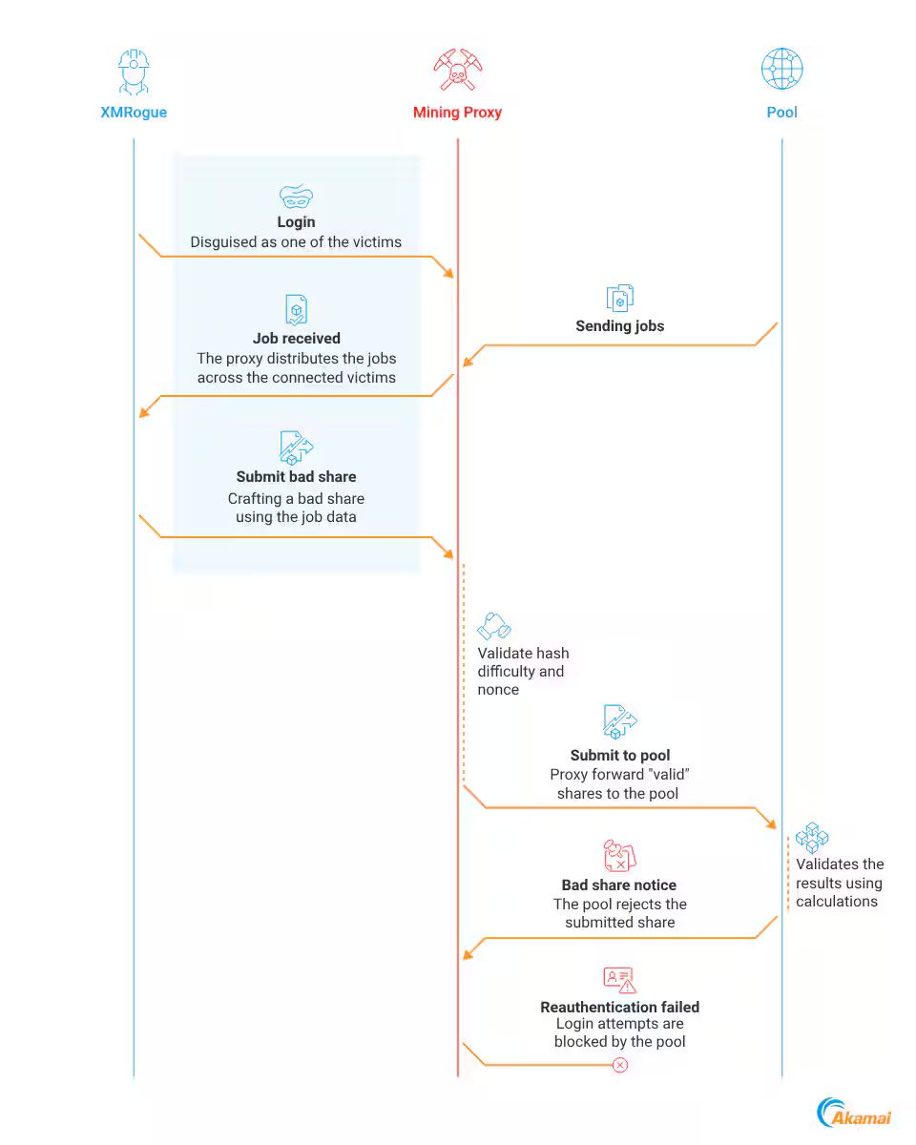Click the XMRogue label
(134, 113)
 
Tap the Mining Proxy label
(457, 113)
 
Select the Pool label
(781, 113)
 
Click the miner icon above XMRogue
(134, 72)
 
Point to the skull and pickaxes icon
(457, 70)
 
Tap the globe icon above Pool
(781, 69)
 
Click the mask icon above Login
(296, 197)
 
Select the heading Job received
(297, 338)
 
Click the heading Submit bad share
(296, 476)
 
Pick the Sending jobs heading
(619, 325)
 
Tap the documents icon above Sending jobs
(619, 298)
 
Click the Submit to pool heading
(619, 755)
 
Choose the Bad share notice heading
(619, 885)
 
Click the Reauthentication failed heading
(619, 1007)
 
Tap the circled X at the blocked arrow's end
(619, 1065)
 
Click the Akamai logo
(853, 1112)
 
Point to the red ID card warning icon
(619, 980)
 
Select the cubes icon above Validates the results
(812, 838)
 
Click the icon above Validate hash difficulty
(494, 626)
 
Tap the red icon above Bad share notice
(619, 855)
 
